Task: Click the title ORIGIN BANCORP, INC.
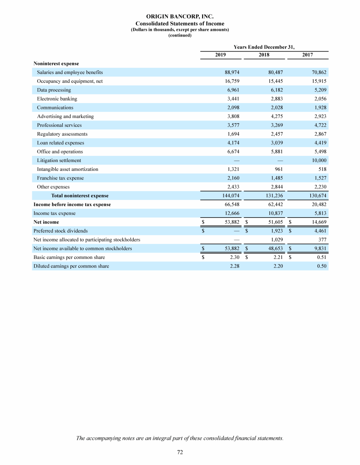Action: (x=180, y=16)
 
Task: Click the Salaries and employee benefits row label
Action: (x=70, y=73)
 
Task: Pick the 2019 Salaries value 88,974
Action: (x=232, y=73)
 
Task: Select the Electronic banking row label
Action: (x=57, y=99)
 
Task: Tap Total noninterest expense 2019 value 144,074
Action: (x=230, y=196)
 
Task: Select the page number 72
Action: (x=180, y=452)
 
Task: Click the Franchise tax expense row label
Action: (x=60, y=178)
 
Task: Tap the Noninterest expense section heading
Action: (x=56, y=64)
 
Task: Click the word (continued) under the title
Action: (x=180, y=36)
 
